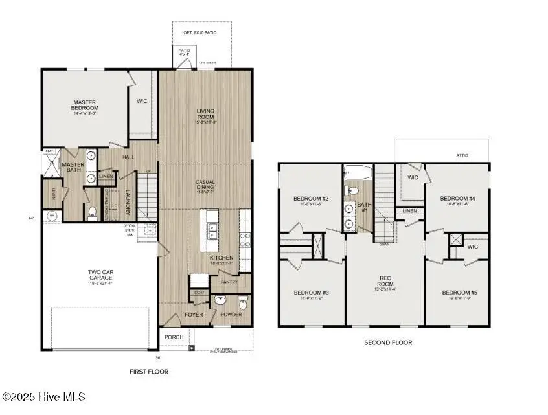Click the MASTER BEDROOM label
pos(84,106)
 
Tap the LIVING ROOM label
pos(205,115)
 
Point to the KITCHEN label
pos(220,258)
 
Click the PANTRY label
pos(229,282)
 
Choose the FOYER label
pos(194,315)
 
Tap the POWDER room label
pos(231,315)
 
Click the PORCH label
pos(174,337)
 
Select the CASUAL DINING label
pos(205,185)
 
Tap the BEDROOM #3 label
pos(311,293)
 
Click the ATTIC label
pos(461,155)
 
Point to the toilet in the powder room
pos(243,304)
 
